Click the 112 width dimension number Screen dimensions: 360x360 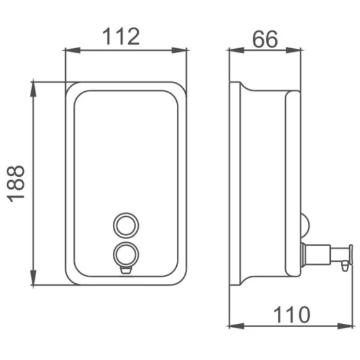[x=121, y=37]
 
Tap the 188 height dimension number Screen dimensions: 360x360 [x=16, y=184]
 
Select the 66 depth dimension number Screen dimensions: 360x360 [x=265, y=39]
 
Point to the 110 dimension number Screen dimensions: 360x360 [x=292, y=315]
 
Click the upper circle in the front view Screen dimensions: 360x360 [x=126, y=226]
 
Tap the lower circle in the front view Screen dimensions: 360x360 [x=126, y=255]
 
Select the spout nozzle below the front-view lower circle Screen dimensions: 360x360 [x=126, y=270]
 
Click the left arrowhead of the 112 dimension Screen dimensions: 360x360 [x=73, y=50]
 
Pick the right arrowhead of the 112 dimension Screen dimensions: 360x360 [x=179, y=50]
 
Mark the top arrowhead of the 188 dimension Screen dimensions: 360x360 [x=34, y=89]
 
